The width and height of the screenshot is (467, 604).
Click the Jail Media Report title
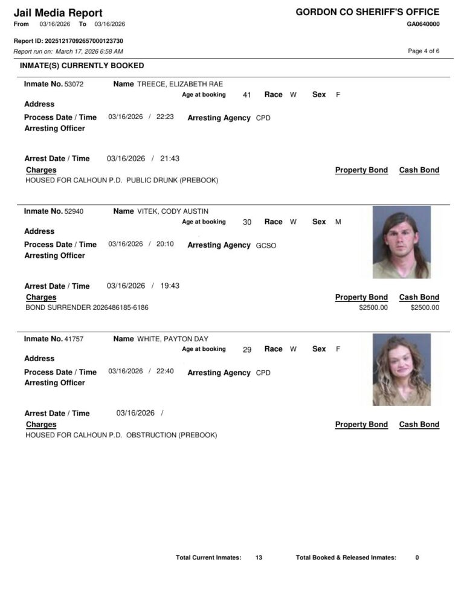(58, 13)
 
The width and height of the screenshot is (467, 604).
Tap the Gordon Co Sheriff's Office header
(367, 12)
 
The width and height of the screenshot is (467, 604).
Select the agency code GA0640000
(423, 24)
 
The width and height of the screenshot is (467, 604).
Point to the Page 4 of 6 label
(424, 51)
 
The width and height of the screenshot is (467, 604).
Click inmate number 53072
(74, 84)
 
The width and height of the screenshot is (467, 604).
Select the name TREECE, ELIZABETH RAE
(180, 84)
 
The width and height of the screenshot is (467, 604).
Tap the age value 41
(246, 95)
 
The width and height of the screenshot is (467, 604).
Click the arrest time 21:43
(170, 159)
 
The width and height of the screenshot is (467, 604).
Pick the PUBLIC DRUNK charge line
(121, 180)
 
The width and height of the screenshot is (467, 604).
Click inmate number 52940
(74, 211)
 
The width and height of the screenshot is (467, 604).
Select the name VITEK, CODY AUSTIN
(173, 211)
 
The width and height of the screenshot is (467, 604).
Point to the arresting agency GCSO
(266, 246)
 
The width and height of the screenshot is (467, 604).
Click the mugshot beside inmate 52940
(402, 242)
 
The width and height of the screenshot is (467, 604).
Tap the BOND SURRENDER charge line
(87, 307)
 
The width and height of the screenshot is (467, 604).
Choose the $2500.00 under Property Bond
(373, 307)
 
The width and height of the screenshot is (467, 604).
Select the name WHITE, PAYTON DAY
(173, 339)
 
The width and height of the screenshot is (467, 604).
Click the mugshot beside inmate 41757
(402, 370)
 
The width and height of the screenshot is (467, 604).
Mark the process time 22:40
(165, 371)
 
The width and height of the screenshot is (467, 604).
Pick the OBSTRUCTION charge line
(121, 435)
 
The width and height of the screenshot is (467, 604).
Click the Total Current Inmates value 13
(259, 557)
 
